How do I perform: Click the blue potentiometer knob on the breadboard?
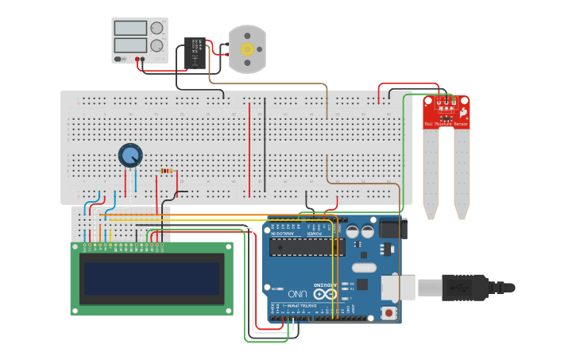click(x=130, y=155)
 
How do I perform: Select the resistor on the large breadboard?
click(x=166, y=171)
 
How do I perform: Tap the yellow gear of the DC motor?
click(x=247, y=49)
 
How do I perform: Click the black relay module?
click(x=195, y=52)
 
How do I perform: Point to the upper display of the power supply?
click(x=130, y=28)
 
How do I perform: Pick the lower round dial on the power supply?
click(x=157, y=46)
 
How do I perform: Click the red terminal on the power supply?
click(x=137, y=59)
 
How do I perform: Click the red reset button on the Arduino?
click(x=389, y=312)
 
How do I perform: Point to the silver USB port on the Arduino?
click(x=397, y=288)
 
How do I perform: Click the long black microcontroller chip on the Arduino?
click(x=307, y=248)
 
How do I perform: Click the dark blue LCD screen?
click(x=152, y=278)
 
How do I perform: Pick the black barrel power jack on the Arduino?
click(x=393, y=228)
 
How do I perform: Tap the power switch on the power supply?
click(x=119, y=59)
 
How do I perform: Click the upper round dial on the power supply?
click(x=157, y=28)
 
